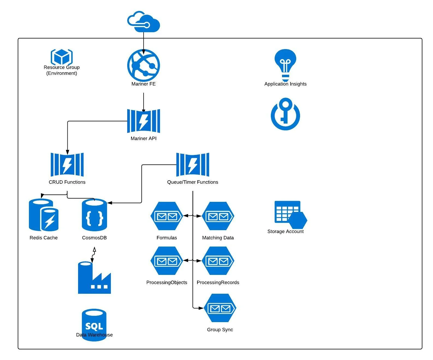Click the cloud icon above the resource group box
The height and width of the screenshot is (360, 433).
(144, 22)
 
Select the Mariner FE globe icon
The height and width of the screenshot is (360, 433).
(144, 65)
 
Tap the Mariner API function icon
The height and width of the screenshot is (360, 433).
(144, 121)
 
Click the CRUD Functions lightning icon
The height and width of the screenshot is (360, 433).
(67, 165)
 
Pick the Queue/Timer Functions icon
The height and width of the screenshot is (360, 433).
(193, 165)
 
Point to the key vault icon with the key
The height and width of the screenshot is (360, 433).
(285, 114)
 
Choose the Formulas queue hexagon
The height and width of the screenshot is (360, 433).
(167, 216)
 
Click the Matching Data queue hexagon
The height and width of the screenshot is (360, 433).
(218, 216)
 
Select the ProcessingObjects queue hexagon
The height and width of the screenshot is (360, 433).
(167, 261)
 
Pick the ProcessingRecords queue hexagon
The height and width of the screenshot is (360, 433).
(218, 261)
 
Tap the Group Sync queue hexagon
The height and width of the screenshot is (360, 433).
(220, 308)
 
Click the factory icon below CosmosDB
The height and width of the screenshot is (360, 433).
(94, 278)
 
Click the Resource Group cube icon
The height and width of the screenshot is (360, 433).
(62, 57)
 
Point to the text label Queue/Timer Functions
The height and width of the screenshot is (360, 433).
(193, 182)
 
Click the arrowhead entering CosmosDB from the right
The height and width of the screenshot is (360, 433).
(110, 203)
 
